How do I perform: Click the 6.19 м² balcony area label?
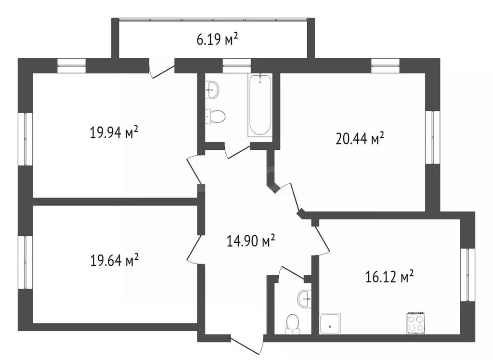(x=217, y=40)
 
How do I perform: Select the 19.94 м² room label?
(x=114, y=132)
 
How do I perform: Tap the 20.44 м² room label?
(x=360, y=138)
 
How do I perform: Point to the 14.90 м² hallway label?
(x=251, y=241)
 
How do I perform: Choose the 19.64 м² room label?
(x=115, y=260)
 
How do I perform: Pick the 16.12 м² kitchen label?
(x=389, y=277)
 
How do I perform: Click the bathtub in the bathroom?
(x=259, y=105)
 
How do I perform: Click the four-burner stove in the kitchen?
(x=416, y=323)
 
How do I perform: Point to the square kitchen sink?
(x=330, y=323)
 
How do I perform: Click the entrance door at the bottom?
(x=247, y=346)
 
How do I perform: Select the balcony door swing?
(x=162, y=69)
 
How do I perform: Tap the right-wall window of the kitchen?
(x=467, y=275)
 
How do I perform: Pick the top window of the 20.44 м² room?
(x=385, y=66)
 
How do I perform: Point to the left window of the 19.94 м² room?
(x=25, y=139)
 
